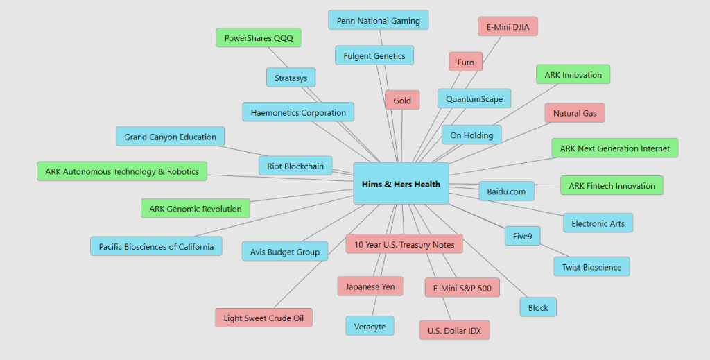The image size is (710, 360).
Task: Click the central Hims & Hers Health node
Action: (401, 184)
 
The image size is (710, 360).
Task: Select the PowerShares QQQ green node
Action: (259, 37)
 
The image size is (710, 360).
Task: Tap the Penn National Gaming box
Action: (378, 20)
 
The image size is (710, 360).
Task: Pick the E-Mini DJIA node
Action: (508, 26)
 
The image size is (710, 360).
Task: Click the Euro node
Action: (465, 62)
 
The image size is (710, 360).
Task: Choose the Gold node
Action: (402, 101)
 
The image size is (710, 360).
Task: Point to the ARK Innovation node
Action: (573, 74)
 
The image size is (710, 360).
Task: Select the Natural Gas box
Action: (574, 113)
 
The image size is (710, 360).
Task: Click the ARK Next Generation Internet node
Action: (614, 148)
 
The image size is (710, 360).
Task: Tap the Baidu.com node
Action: (506, 191)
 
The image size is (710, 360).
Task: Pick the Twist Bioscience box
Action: (591, 267)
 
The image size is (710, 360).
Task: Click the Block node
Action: (538, 307)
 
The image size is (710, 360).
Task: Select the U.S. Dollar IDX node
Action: (454, 330)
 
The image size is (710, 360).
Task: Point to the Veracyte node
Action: (370, 325)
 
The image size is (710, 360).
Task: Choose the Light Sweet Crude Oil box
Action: (263, 318)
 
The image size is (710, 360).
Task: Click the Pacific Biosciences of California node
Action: (156, 246)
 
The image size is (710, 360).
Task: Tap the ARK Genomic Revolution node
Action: (195, 208)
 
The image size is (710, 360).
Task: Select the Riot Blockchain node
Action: (295, 166)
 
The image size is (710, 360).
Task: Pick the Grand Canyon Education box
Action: (170, 137)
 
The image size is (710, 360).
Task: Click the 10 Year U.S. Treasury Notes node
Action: (404, 244)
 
